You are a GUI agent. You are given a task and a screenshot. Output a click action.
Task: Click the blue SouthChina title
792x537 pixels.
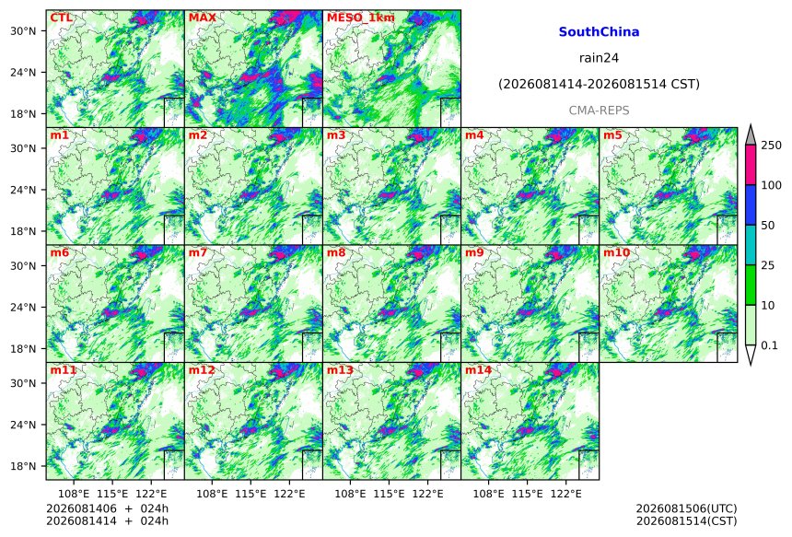599,32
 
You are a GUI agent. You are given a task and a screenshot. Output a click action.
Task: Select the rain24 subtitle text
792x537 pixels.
599,58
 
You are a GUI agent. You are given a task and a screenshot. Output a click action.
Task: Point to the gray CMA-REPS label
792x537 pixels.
599,111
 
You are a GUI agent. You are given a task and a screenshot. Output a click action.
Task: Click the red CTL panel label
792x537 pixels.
61,18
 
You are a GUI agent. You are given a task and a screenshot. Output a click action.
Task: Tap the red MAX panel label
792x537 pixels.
202,18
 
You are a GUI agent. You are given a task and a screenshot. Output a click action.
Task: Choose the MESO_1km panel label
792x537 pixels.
361,18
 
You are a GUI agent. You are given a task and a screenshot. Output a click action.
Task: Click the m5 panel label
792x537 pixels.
612,135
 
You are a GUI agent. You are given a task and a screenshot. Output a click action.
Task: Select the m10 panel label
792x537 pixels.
616,252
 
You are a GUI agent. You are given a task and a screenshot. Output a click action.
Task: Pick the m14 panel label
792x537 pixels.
478,370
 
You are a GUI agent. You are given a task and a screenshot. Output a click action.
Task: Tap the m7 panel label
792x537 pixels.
198,252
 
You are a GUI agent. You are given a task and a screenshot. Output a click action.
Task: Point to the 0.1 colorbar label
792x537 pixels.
769,345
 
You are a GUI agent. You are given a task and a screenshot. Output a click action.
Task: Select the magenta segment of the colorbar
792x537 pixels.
751,165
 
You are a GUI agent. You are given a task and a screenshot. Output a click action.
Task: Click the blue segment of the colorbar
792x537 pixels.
751,204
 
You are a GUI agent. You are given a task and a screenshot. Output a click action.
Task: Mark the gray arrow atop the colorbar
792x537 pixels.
751,134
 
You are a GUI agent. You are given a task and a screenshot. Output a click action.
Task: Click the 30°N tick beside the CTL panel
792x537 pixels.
23,31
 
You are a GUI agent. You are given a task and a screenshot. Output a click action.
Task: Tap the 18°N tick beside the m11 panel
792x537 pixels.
23,466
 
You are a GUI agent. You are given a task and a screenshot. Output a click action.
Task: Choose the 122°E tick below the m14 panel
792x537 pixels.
565,494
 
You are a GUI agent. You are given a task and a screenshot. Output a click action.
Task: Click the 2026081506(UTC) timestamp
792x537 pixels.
686,508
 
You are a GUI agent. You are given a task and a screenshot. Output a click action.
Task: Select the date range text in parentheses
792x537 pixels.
599,84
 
